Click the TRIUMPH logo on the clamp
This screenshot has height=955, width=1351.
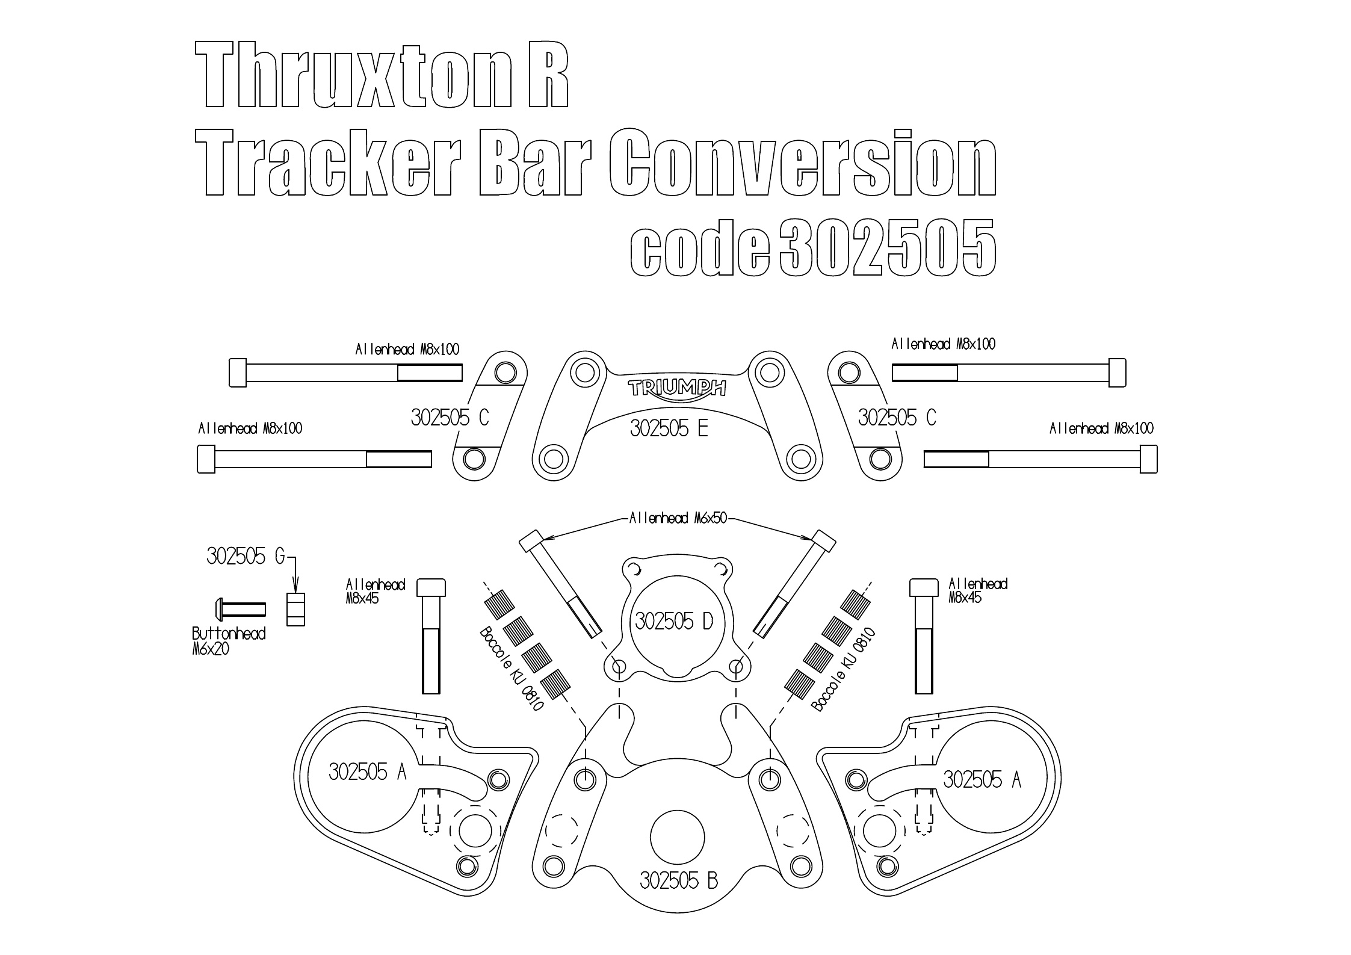coord(676,388)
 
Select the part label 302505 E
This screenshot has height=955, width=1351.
coord(669,429)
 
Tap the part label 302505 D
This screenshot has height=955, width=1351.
coord(673,621)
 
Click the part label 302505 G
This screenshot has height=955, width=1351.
coord(246,557)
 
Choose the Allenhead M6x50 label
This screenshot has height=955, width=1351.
coord(678,518)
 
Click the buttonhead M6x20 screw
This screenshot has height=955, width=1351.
coord(240,609)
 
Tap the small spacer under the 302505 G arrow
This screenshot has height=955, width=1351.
coord(295,610)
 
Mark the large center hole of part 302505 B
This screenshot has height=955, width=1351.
coord(678,837)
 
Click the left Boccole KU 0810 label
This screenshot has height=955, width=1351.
coord(511,669)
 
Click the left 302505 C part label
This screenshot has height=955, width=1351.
coord(450,418)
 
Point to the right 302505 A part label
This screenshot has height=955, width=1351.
coord(982,780)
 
